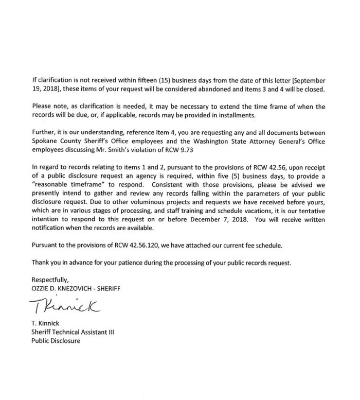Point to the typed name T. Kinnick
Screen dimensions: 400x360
(x=46, y=324)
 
